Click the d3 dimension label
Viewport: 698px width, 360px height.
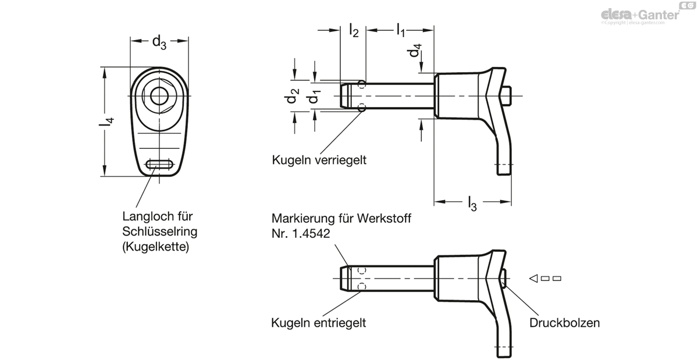point(159,42)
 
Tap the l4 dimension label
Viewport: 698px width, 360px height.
point(106,122)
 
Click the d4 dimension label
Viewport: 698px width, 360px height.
point(414,50)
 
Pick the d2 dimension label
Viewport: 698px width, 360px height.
point(291,96)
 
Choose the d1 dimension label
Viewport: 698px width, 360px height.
point(314,97)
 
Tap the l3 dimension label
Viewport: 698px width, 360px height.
point(472,204)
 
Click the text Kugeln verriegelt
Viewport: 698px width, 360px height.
point(319,160)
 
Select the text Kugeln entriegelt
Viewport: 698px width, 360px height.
point(319,323)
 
